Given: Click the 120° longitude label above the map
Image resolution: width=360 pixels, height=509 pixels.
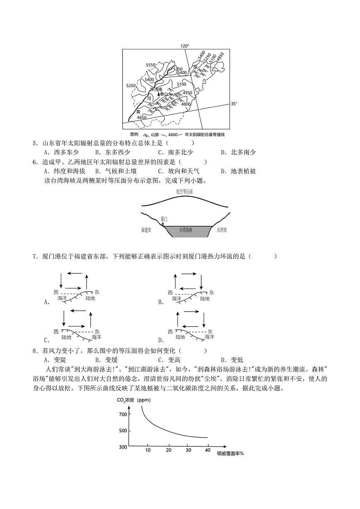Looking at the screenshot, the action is point(185,46).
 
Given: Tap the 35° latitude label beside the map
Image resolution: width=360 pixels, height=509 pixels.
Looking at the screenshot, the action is point(234,104).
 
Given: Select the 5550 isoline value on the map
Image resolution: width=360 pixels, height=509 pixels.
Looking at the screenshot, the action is point(150,65).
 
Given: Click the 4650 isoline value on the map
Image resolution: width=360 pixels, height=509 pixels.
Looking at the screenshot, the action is point(142,117).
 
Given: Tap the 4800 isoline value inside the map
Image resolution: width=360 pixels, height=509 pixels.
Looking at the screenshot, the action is point(185,104).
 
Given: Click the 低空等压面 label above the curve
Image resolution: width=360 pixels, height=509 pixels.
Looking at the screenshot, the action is point(184,192).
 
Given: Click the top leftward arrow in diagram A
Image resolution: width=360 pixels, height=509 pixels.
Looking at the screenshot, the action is point(74,273).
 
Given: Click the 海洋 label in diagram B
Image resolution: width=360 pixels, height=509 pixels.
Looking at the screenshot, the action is point(177,298).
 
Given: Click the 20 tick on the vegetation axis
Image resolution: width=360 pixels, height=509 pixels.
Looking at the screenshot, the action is point(168,450).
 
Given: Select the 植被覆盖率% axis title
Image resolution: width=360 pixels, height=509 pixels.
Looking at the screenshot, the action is point(230,453).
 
